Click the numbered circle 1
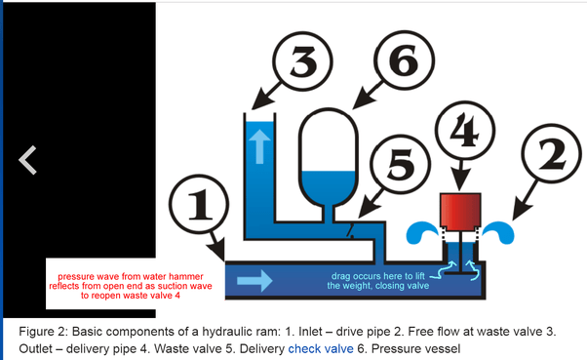tap(199, 204)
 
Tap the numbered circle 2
tap(552, 153)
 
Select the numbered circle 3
tap(302, 60)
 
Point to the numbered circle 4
tap(464, 131)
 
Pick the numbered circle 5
tap(400, 165)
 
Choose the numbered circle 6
tap(405, 60)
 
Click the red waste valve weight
tap(460, 211)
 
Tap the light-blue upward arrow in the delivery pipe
tap(259, 146)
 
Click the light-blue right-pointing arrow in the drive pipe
tap(254, 280)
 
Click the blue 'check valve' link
tap(321, 348)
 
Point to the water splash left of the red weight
tap(422, 232)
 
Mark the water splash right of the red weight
tap(498, 232)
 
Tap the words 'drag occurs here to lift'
tap(377, 276)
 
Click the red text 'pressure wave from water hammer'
tap(131, 276)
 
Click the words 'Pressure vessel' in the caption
tap(415, 348)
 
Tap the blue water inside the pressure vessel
tap(329, 187)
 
